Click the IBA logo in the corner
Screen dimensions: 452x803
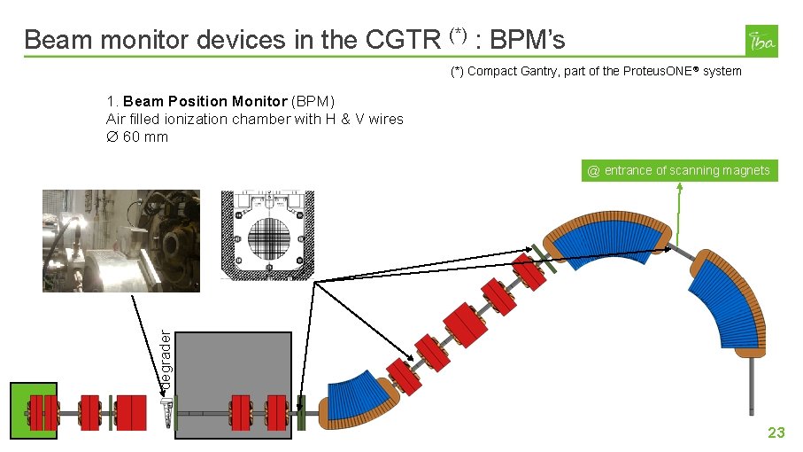(x=761, y=41)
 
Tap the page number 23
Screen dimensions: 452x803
(x=776, y=433)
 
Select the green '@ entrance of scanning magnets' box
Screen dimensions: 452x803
(x=679, y=170)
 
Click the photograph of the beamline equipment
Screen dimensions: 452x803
(x=121, y=241)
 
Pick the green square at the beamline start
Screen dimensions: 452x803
(x=34, y=410)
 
